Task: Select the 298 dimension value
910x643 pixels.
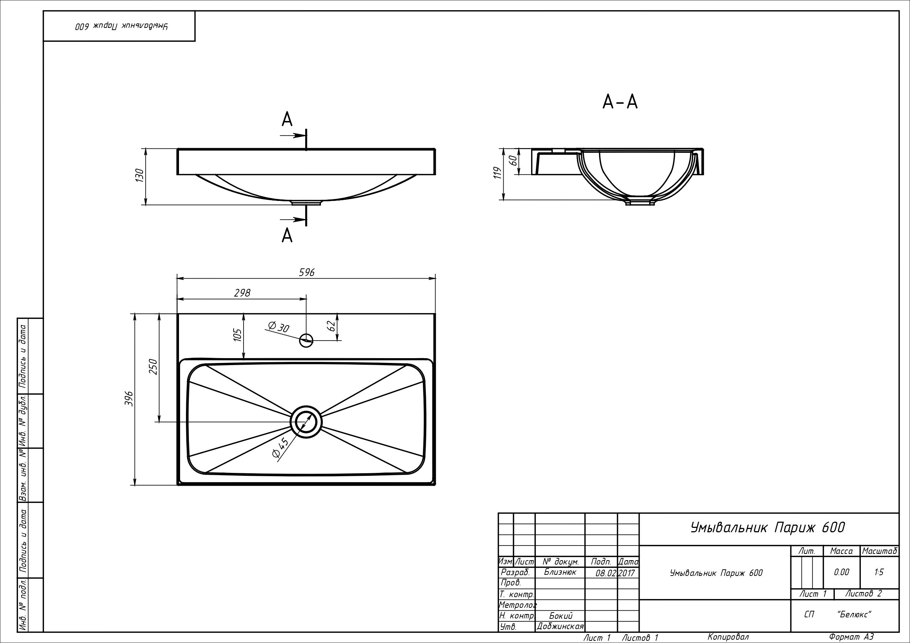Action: pos(242,293)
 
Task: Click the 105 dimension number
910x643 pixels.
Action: pos(237,335)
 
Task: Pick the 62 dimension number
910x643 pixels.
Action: pos(331,326)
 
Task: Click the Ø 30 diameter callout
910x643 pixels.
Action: pos(279,327)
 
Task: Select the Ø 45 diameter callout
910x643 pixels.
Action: pos(280,448)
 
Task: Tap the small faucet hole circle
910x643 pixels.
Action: pos(306,340)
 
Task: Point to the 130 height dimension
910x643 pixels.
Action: pos(139,176)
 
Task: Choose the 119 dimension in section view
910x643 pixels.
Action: pos(498,173)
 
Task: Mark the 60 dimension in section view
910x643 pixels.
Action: pos(513,161)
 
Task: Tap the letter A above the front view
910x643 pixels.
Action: pos(287,119)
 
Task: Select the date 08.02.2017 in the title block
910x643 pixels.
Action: pos(615,573)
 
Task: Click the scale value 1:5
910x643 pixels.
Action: pos(879,572)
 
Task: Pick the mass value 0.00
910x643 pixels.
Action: pos(841,572)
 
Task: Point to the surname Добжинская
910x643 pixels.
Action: pos(560,627)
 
